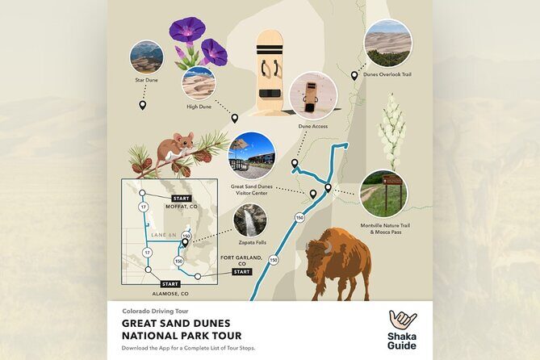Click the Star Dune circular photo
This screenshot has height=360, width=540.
[146, 57]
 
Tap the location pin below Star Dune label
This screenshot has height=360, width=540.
[143, 105]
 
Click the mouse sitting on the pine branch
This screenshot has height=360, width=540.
[176, 146]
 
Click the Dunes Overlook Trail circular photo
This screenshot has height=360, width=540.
[387, 43]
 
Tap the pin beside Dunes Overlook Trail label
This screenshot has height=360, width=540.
[354, 76]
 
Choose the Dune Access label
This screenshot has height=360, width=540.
[312, 125]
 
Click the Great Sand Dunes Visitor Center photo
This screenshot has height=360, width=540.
[252, 155]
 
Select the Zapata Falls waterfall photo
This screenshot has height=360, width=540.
[250, 220]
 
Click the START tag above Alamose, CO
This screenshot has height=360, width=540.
[170, 284]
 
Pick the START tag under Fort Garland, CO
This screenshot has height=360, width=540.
[242, 272]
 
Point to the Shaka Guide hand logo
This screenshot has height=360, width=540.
[403, 321]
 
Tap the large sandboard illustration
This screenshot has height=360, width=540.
[270, 71]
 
